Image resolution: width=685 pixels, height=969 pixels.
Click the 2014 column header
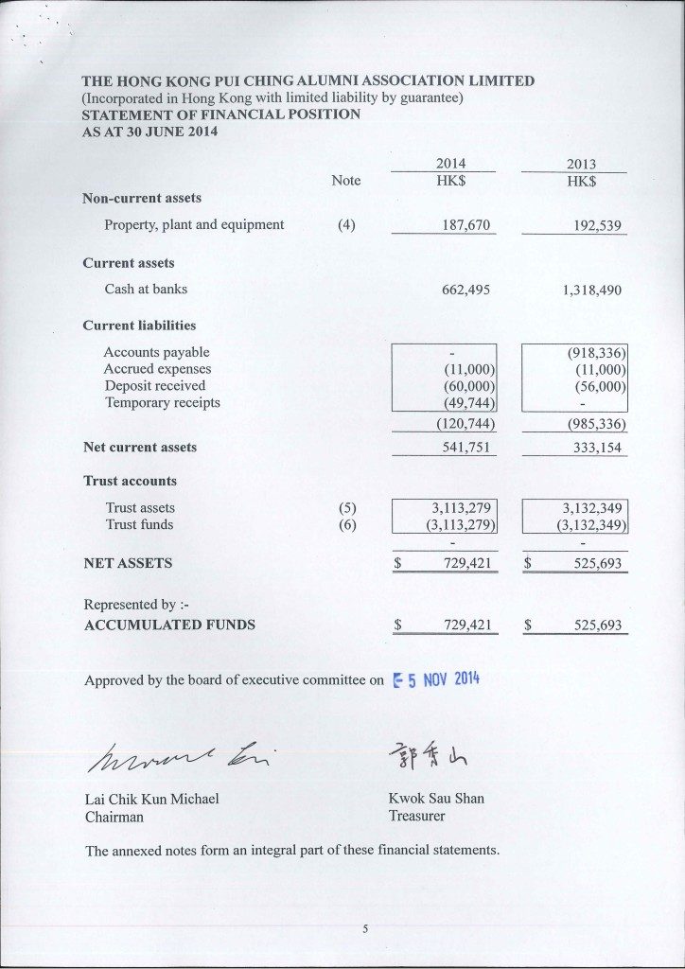(x=450, y=164)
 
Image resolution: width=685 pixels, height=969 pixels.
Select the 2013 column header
(x=581, y=164)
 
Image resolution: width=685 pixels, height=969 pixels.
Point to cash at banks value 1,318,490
(x=591, y=291)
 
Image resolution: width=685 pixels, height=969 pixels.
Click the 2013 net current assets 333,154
(x=597, y=448)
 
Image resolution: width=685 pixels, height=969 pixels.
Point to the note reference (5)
(x=346, y=508)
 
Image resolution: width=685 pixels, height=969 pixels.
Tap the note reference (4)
(x=346, y=225)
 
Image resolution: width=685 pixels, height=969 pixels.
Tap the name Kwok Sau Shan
(x=436, y=799)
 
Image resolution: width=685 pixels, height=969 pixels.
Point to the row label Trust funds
(x=139, y=524)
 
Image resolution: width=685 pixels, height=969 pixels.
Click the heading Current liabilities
(x=139, y=326)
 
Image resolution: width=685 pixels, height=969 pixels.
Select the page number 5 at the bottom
(x=365, y=929)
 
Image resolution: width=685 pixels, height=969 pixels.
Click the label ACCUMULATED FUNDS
(x=169, y=625)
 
